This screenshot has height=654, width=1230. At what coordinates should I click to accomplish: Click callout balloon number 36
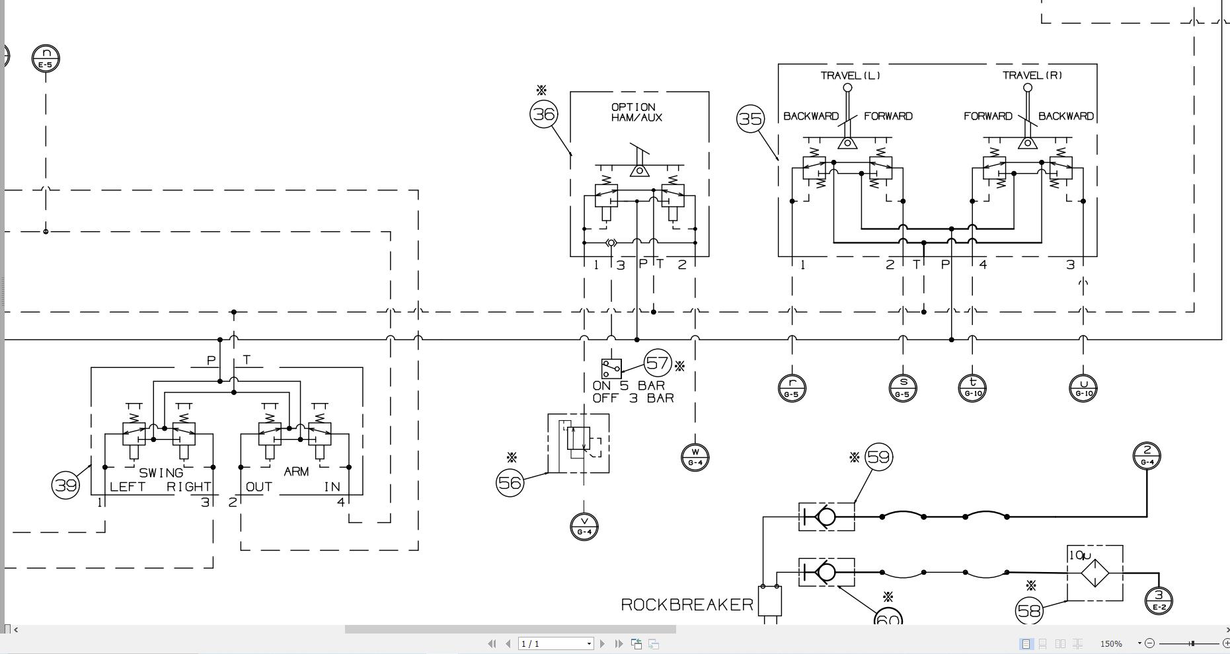coord(544,114)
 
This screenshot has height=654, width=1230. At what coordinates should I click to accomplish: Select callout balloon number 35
coord(750,119)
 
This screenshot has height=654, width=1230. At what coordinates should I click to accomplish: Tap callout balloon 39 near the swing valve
coord(65,486)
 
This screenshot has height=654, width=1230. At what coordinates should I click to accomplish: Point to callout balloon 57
coord(658,363)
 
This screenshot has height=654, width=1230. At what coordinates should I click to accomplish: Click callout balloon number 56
coord(510,483)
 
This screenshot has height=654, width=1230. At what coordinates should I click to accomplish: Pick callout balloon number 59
coord(879,457)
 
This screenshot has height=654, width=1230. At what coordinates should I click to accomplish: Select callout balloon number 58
coord(1029,611)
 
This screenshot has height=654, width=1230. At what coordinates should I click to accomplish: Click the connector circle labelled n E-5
coord(46,58)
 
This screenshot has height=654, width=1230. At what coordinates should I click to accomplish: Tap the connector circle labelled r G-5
coord(792,388)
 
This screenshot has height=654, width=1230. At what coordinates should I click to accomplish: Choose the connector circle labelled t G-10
coord(972,388)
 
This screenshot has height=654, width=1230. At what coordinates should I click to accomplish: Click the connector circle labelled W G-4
coord(695,457)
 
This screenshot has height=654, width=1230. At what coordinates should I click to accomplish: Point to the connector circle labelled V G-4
coord(584,527)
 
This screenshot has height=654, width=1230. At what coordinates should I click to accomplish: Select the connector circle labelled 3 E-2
coord(1159,600)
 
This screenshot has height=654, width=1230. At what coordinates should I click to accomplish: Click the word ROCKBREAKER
coord(687,604)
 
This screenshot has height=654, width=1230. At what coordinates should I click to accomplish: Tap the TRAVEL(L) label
coord(850,75)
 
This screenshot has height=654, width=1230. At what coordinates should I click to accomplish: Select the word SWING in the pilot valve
coord(161,473)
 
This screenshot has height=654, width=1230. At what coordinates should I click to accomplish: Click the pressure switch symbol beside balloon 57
coord(611,368)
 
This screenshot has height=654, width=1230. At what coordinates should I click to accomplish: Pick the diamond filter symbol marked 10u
coord(1095,573)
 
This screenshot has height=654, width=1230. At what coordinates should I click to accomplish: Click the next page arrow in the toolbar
coord(602,643)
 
